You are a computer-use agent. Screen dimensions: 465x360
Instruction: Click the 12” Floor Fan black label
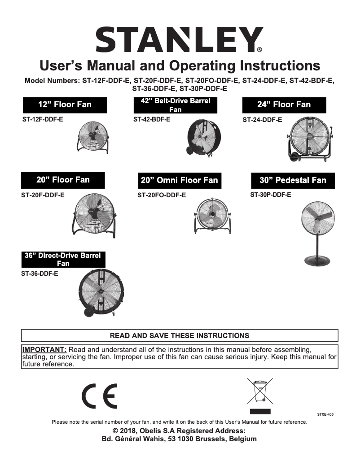tap(65, 105)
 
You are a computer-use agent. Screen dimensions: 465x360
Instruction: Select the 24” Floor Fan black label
tap(284, 105)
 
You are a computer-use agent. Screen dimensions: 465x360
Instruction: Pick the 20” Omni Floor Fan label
tap(179, 181)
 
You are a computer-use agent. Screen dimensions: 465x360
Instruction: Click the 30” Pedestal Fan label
tap(293, 180)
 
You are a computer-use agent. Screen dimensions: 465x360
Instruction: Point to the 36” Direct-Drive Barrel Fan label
tap(63, 259)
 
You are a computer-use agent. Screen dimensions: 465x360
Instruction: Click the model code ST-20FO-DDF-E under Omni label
tap(162, 196)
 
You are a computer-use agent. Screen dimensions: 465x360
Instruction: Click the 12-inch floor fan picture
tap(92, 137)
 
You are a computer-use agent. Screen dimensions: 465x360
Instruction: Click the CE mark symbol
tap(100, 396)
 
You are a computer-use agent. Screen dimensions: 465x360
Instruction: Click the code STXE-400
tap(325, 415)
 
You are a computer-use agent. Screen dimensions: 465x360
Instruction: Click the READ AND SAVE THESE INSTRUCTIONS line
tap(180, 335)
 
